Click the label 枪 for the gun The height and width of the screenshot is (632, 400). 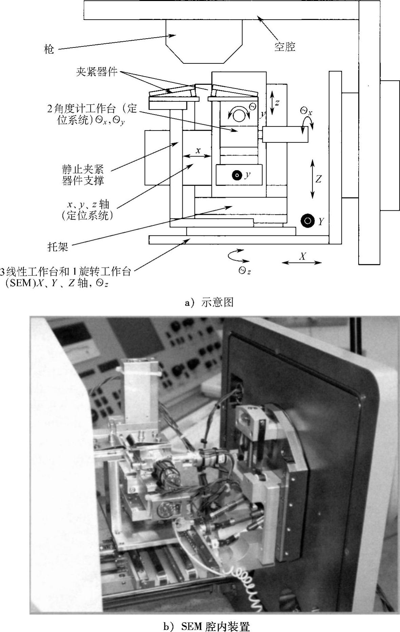[x=49, y=49]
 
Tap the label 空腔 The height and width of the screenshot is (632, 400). [x=285, y=46]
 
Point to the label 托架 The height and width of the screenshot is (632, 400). [x=58, y=246]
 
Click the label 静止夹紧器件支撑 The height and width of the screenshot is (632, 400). [x=83, y=175]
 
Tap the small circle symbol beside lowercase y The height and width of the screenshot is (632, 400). [x=237, y=176]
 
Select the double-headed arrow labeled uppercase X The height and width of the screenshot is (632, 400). [x=302, y=262]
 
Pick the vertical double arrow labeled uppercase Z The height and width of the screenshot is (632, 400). [x=312, y=180]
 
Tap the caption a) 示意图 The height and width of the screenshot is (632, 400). [x=209, y=302]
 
